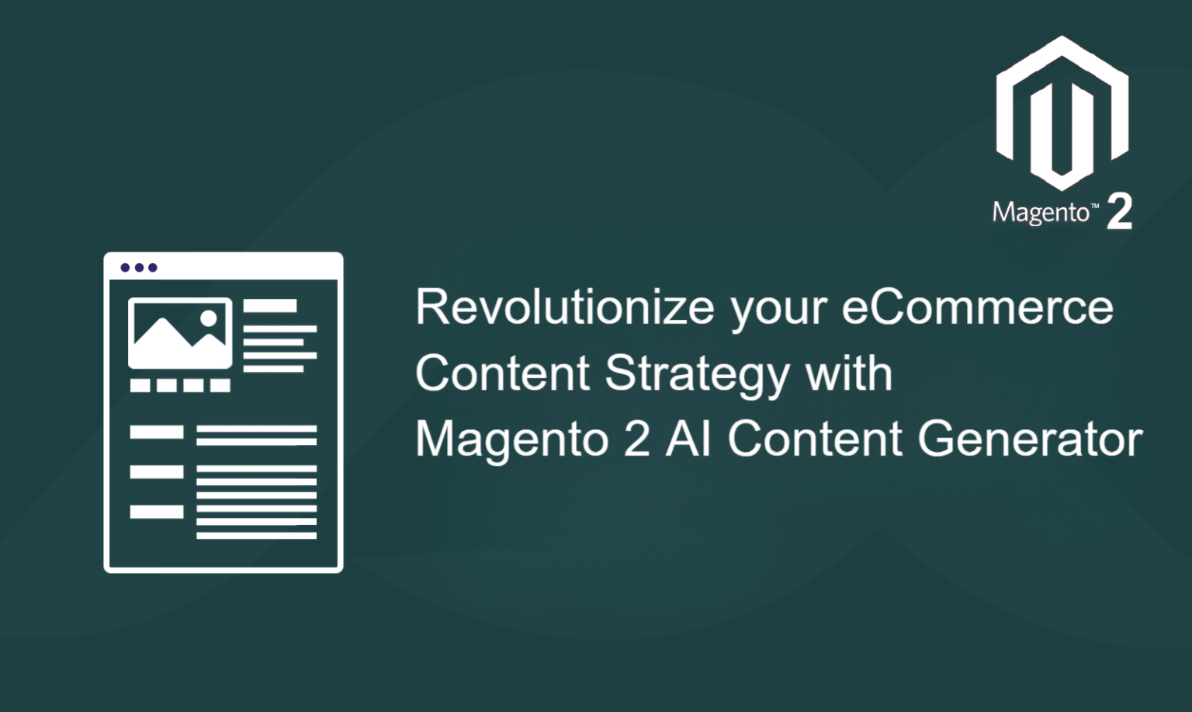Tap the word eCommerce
[x=978, y=307]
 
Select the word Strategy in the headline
[x=697, y=374]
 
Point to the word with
[x=850, y=373]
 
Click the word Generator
[x=1031, y=439]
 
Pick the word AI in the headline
[x=688, y=439]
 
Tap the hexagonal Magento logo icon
[x=1062, y=113]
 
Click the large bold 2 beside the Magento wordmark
[x=1119, y=211]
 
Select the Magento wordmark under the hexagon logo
[x=1041, y=213]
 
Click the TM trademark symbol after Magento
[x=1095, y=207]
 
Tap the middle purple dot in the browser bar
[x=140, y=268]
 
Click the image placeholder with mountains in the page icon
[x=180, y=333]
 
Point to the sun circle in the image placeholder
[x=209, y=318]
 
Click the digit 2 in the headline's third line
[x=636, y=439]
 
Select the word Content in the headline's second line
[x=502, y=373]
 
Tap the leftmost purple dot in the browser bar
[x=126, y=268]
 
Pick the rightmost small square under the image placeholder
[x=220, y=385]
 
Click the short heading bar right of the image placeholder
[x=270, y=306]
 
